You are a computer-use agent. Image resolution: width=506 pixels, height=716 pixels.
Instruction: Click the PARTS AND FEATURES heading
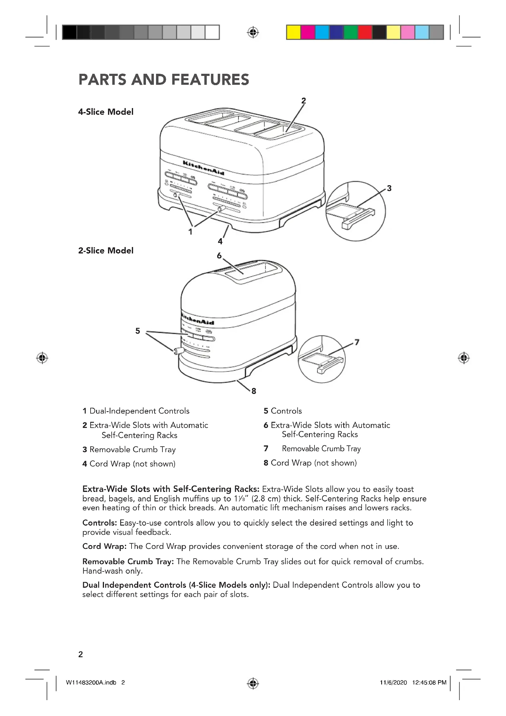pos(164,80)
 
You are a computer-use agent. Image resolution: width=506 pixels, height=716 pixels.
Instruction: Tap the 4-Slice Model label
pos(106,112)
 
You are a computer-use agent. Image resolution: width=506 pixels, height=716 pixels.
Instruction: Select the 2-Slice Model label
pos(106,251)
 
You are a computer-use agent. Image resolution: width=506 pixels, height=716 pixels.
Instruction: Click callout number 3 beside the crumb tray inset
pos(389,188)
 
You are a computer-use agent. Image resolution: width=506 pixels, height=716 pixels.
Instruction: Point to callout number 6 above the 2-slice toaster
pos(219,256)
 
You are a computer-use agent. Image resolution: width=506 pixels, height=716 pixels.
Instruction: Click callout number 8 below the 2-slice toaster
pos(254,391)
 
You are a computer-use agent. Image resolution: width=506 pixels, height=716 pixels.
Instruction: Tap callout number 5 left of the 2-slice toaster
pos(138,331)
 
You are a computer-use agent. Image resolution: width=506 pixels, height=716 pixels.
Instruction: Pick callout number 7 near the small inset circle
pos(357,343)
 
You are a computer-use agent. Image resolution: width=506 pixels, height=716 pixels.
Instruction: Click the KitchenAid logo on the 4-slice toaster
pos(203,168)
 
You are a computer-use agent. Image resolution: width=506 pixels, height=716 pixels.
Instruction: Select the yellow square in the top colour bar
pos(293,32)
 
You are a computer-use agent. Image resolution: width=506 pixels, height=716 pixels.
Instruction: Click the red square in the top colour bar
pos(365,32)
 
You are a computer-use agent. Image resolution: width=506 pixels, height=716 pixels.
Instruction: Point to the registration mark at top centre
pos(253,32)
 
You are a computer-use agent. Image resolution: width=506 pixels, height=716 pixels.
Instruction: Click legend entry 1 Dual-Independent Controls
pos(136,411)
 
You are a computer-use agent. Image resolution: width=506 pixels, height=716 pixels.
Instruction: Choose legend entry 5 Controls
pos(283,411)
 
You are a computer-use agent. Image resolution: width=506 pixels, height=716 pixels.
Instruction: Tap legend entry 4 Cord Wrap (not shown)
pos(129,464)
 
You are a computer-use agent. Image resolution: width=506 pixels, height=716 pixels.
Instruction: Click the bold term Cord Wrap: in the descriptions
pos(104,546)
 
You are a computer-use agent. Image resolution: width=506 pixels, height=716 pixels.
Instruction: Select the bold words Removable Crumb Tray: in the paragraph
pos(128,562)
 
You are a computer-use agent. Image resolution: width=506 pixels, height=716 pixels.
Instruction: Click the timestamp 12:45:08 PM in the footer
pos(429,683)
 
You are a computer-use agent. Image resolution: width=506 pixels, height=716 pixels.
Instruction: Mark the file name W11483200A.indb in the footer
pos(91,683)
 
